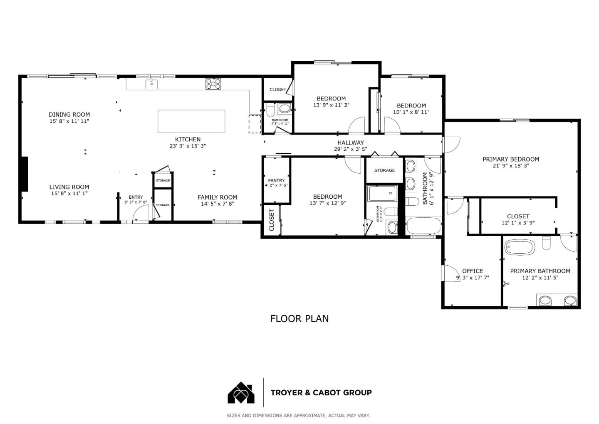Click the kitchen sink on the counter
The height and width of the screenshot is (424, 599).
151,85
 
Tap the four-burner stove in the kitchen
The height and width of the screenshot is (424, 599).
213,84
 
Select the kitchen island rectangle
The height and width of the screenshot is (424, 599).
191,121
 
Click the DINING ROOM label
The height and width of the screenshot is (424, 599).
69,115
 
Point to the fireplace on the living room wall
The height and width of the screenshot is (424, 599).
25,174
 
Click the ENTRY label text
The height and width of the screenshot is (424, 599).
136,197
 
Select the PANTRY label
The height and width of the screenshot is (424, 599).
276,180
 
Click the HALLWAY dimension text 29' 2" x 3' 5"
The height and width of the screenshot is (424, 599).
350,149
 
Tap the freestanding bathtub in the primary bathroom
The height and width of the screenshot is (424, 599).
520,247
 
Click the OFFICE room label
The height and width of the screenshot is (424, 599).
473,271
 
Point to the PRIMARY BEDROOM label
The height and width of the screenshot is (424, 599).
510,159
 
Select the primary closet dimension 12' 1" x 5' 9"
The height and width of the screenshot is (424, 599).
518,223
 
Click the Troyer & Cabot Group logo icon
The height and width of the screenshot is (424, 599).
241,392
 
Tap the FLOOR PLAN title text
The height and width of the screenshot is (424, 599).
299,319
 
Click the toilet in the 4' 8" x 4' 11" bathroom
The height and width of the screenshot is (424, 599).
270,110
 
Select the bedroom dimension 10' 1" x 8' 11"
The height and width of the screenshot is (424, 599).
411,112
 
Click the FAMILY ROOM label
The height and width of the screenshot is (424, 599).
217,197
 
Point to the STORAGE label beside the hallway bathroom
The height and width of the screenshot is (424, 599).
384,170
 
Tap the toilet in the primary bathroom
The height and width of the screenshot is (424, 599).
547,244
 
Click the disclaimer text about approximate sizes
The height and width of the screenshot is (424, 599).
298,416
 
